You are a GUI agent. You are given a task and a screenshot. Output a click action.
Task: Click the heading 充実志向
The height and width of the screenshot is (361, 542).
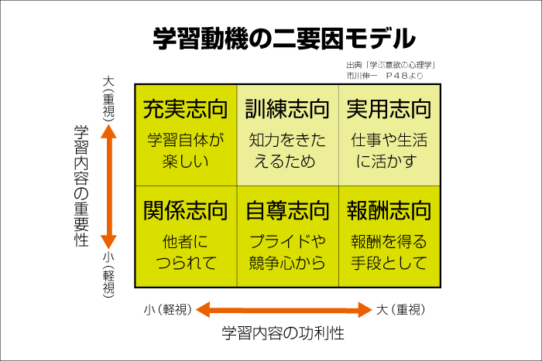coord(186,109)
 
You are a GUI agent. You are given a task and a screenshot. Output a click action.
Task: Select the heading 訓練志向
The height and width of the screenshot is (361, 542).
coord(287,109)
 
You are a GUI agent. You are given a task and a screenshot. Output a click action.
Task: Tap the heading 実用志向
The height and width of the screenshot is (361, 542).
coord(389,109)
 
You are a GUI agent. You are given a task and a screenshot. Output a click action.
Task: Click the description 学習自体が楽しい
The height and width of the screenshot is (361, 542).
coord(186,152)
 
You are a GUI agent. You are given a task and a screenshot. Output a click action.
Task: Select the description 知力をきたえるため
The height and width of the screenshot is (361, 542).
coord(287,152)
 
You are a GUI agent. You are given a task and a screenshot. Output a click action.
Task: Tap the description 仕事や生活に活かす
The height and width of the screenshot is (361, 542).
coord(389,152)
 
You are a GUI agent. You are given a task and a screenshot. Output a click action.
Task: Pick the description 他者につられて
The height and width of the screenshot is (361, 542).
coord(186,252)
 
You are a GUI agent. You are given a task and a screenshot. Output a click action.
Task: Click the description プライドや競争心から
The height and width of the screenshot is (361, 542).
coord(287,252)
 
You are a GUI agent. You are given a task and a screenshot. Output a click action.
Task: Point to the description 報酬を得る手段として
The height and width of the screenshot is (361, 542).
coord(389,252)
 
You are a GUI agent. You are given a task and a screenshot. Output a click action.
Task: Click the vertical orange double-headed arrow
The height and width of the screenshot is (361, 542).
coord(109,186)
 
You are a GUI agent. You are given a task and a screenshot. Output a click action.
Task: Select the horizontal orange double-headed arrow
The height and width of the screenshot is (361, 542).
coord(284,310)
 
